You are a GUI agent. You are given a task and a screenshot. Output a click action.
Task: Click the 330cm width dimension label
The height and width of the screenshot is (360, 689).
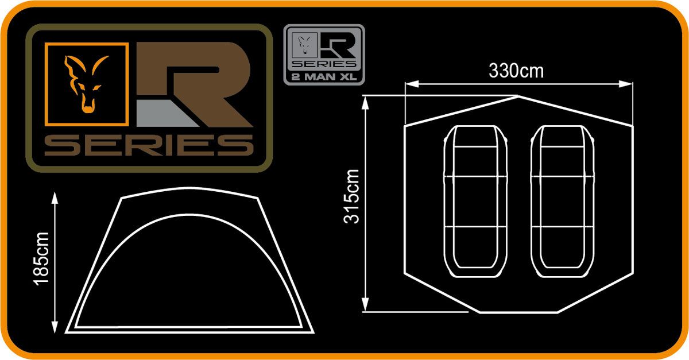[516, 71]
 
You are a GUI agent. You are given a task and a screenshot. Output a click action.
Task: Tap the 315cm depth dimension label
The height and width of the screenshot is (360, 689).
[353, 196]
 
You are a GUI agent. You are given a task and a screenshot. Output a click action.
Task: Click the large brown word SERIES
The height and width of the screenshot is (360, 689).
[149, 145]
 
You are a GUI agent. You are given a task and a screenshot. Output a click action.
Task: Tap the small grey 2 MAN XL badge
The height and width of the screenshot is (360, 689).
[324, 55]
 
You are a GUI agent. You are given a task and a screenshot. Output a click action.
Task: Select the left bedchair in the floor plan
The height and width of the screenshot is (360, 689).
[476, 202]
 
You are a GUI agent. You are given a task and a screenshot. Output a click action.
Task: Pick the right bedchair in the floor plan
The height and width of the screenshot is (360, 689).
[563, 202]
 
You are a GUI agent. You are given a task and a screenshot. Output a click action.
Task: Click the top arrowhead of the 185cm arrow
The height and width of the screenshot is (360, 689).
[55, 197]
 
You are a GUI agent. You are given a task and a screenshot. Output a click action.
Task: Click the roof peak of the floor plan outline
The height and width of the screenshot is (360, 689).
[518, 96]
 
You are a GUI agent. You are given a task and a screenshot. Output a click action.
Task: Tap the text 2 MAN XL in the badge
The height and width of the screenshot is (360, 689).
[324, 75]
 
